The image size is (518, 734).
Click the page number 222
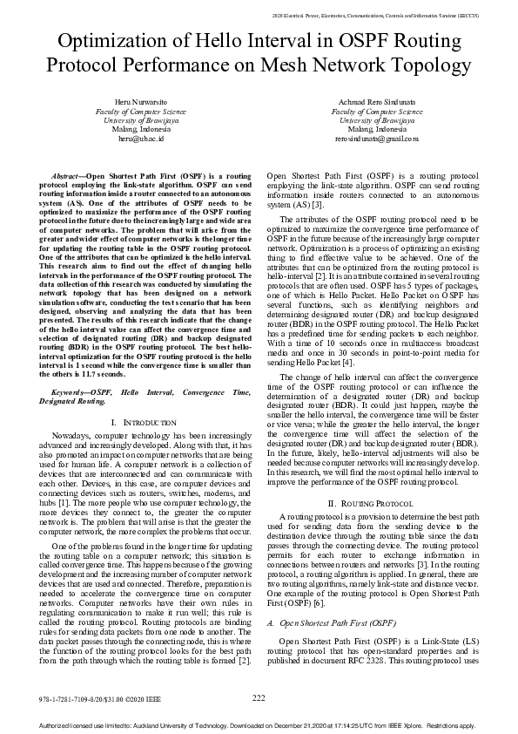pyautogui.click(x=259, y=697)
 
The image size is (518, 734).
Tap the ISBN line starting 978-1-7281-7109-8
pyautogui.click(x=90, y=698)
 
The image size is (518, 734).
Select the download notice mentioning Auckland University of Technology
pyautogui.click(x=259, y=725)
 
